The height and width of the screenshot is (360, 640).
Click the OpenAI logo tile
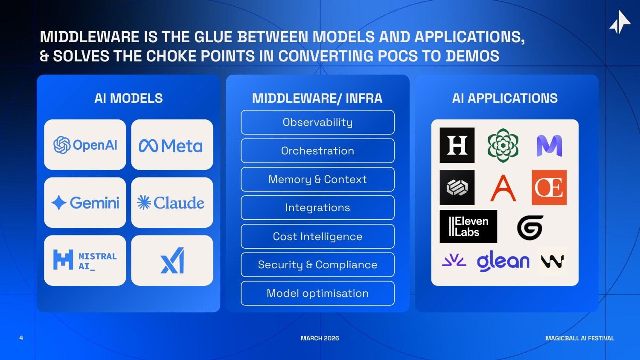coord(85,145)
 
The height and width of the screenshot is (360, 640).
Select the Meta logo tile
coord(172,145)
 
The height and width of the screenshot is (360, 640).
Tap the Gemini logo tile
coord(85,203)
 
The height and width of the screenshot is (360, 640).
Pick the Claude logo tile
coord(172,203)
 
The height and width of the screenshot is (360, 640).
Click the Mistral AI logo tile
coord(85,260)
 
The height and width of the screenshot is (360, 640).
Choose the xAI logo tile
coord(172,260)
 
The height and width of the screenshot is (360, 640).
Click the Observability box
coord(317,122)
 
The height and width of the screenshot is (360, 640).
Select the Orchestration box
coord(317,151)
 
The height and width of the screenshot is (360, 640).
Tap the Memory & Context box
coord(317,179)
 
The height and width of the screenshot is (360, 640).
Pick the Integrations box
coord(317,208)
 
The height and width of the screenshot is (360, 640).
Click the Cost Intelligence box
coord(317,236)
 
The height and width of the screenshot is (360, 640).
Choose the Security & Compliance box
coord(317,265)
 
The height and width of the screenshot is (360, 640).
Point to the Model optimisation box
coord(317,293)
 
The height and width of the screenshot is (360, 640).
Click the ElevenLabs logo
coord(468,226)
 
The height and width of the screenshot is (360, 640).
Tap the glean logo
coord(503,261)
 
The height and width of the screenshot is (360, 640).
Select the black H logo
coord(457,145)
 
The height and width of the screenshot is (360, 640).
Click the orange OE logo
coord(549,187)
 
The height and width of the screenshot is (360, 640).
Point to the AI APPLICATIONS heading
coord(505,98)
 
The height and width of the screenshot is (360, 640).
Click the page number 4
coord(21,338)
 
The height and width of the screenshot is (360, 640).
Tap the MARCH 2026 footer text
coord(320,338)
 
